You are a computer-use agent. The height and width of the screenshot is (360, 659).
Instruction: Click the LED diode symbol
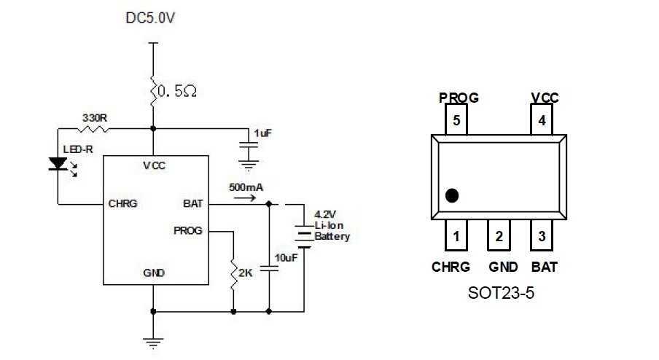point(58,165)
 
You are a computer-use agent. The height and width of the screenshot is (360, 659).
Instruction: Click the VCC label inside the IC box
point(154,165)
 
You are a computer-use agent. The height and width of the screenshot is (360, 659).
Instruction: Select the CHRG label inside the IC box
point(122,204)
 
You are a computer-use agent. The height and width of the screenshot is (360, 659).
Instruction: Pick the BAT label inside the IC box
point(193,204)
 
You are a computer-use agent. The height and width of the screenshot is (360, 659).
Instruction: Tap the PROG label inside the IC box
point(188,230)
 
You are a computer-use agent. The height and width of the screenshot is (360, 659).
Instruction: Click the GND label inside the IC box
point(154,273)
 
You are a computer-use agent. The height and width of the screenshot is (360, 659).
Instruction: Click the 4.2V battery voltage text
point(325,215)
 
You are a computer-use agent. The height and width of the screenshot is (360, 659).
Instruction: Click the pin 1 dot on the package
point(453,195)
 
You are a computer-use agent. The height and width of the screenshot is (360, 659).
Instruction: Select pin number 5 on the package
point(456,121)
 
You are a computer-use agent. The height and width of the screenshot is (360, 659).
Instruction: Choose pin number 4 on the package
point(542,121)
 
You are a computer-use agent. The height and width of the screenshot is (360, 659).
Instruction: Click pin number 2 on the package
point(499,236)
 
